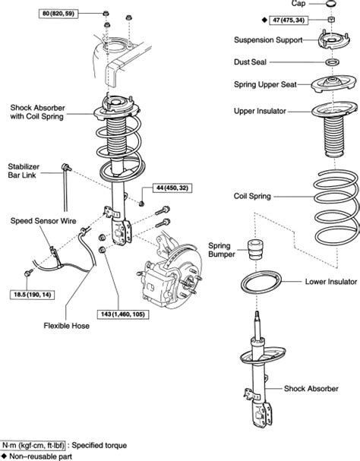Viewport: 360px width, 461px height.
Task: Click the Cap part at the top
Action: point(331,4)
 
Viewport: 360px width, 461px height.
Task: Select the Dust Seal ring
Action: point(332,62)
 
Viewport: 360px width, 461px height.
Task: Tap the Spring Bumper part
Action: point(255,250)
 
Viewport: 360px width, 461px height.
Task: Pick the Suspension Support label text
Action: point(268,39)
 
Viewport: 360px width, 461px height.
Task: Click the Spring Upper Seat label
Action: point(265,84)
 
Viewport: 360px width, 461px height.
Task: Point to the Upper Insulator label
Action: point(260,111)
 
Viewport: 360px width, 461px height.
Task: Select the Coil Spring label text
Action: point(252,196)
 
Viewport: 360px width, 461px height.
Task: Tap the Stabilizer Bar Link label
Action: point(24,171)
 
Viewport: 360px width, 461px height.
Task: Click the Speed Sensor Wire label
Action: point(43,221)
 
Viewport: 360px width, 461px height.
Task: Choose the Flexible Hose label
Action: point(67,326)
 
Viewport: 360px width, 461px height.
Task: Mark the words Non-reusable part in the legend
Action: point(41,456)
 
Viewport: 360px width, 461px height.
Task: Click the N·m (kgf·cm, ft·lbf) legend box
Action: point(33,446)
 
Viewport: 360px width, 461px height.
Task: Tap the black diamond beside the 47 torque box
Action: point(264,21)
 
